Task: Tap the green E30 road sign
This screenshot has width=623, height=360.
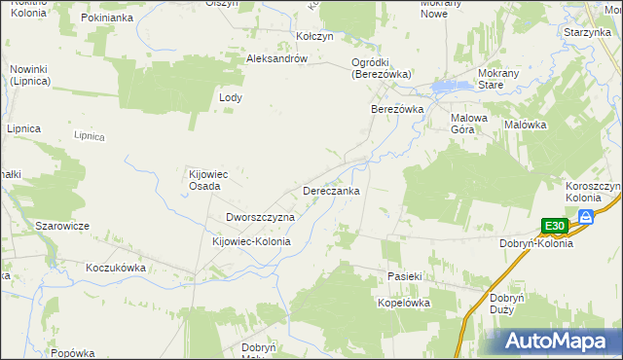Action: pos(554,226)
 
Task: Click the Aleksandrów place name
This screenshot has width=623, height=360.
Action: pos(277,58)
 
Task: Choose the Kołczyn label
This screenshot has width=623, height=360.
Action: pos(314,36)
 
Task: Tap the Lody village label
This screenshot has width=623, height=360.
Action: pos(230,98)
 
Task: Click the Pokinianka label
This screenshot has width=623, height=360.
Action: pos(107,18)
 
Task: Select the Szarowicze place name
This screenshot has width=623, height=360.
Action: pos(62,226)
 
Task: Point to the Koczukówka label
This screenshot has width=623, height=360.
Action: pos(115,267)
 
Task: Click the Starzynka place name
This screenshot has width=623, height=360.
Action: pos(587,32)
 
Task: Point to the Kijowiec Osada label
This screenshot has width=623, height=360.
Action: pos(207,181)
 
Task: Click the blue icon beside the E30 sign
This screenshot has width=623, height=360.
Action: pos(586,217)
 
